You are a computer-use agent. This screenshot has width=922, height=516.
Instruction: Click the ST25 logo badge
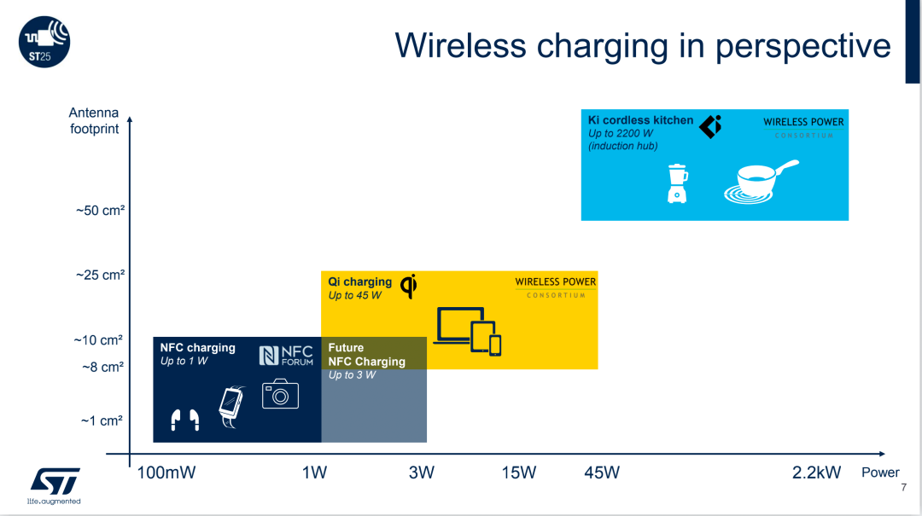pos(44,42)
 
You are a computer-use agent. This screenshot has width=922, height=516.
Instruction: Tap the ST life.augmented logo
pos(54,486)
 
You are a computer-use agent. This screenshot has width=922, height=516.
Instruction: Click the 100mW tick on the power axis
pos(166,473)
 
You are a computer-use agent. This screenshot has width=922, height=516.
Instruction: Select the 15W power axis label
pos(519,473)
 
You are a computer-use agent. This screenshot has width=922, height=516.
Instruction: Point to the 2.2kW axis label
pos(816,473)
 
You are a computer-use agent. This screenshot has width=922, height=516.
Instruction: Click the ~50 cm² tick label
pos(100,211)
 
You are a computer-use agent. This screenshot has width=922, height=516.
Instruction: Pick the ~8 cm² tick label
pos(103,368)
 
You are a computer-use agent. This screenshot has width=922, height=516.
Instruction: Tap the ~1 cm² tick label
pos(102,420)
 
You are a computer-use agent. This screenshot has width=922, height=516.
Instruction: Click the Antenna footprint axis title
pos(94,120)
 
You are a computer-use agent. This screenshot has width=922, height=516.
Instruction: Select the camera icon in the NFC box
pos(281,393)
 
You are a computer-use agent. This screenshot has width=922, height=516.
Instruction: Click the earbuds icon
pos(185,420)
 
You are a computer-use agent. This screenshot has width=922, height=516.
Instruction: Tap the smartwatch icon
pos(231,407)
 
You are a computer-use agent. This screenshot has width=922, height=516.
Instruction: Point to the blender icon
pos(677,184)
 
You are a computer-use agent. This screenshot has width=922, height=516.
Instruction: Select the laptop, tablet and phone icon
pos(468,331)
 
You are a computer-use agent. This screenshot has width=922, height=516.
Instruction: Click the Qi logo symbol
pos(409,287)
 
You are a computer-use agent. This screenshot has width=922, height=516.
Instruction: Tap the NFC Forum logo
pos(286,356)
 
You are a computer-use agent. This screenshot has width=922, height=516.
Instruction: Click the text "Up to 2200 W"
pos(621,133)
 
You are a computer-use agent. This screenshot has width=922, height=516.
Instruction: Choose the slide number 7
pos(904,487)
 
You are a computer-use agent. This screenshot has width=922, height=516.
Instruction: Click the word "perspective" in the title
pos(802,46)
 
